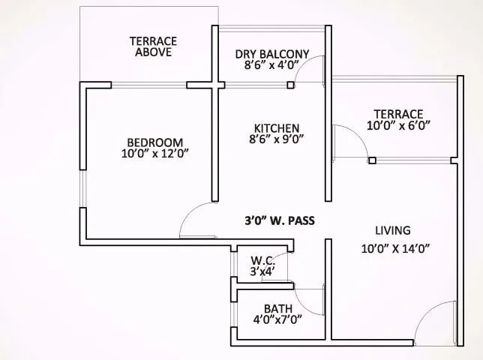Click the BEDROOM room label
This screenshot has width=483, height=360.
[x=154, y=142]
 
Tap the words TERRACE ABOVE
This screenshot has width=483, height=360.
[x=153, y=46]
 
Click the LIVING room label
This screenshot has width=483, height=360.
[x=394, y=230]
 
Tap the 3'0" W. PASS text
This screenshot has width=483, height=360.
[x=279, y=220]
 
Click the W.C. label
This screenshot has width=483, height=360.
[x=263, y=260]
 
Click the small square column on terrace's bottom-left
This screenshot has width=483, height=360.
[x=371, y=160]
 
